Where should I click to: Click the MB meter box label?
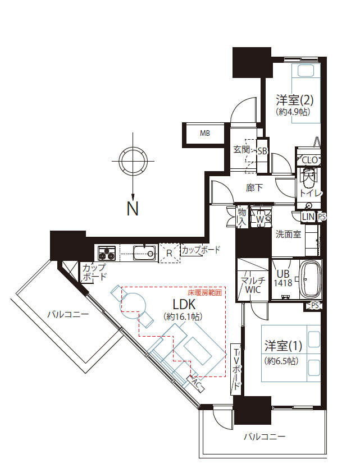(205, 133)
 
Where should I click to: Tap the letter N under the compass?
(133, 209)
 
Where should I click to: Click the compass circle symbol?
(133, 161)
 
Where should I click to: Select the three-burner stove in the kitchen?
(107, 253)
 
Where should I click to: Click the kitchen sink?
(145, 253)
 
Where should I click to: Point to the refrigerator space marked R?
(169, 253)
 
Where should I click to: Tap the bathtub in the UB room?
(309, 279)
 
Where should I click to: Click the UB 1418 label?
(283, 278)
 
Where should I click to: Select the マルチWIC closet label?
(253, 285)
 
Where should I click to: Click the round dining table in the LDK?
(133, 304)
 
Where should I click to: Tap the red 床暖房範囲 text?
(205, 292)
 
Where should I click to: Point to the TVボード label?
(236, 368)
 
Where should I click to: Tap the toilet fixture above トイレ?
(308, 179)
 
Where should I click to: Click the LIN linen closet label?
(308, 217)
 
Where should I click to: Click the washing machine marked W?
(260, 219)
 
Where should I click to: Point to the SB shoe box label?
(262, 151)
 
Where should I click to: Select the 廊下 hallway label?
(254, 188)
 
